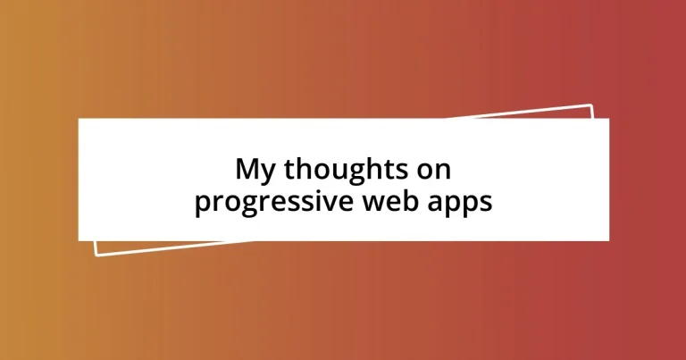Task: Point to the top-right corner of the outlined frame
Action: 591,105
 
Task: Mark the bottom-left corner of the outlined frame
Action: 96,255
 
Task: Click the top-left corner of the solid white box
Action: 79,119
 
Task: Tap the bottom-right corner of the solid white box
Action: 608,240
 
